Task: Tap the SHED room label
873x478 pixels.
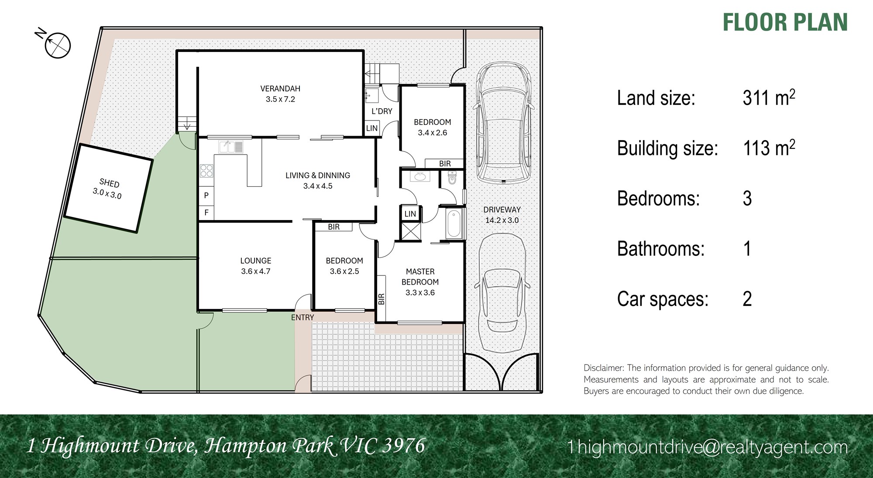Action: [109, 183]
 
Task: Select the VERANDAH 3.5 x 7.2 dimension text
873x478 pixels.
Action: [280, 99]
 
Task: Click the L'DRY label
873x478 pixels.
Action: [382, 111]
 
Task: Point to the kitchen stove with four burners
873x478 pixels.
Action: [206, 171]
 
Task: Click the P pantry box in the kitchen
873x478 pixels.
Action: [206, 196]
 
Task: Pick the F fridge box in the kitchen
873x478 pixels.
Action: [206, 213]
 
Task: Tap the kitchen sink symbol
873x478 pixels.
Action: [231, 147]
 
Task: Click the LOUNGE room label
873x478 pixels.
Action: [256, 261]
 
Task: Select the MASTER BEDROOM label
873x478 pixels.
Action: [420, 277]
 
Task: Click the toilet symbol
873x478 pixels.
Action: [452, 178]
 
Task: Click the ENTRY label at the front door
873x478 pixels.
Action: [302, 317]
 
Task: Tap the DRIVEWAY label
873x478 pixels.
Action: [502, 210]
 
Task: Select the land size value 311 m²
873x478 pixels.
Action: [769, 97]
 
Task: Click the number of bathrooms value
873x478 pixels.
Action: [747, 249]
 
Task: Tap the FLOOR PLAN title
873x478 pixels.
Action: [785, 23]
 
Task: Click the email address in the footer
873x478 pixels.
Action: [708, 447]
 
